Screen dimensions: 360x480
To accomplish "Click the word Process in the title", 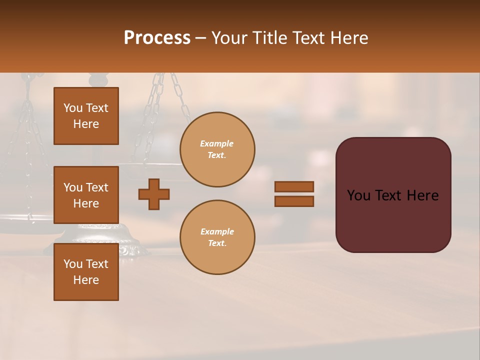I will [x=157, y=38].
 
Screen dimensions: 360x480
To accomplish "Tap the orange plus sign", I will [x=154, y=194].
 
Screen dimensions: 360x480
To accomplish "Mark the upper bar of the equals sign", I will [x=294, y=186].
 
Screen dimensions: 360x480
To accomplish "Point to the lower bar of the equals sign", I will [x=294, y=201].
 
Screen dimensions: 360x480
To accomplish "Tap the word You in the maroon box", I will [x=359, y=195].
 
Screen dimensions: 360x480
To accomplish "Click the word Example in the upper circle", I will [x=217, y=143].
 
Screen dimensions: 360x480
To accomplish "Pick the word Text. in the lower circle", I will [x=217, y=243].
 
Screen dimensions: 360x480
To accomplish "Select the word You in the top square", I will [x=72, y=108].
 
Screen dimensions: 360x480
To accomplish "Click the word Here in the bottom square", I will [x=86, y=280].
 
